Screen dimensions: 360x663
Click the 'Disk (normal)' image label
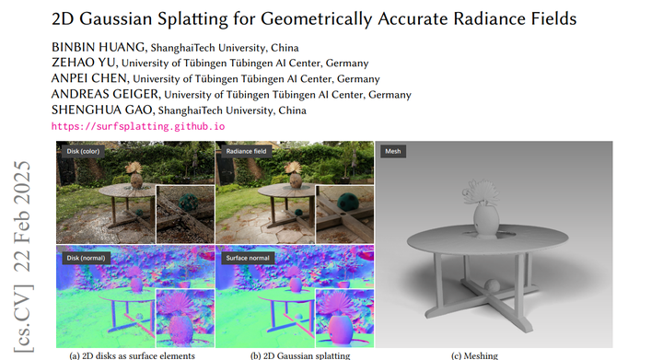tap(86, 259)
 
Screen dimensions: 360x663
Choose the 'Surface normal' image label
tap(246, 259)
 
